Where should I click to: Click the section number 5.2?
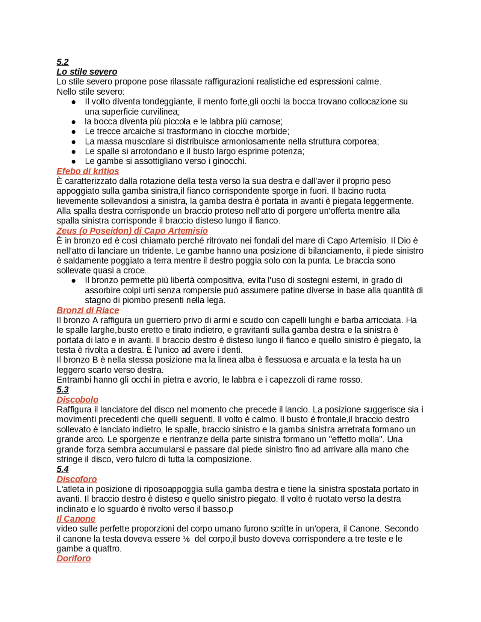coord(62,62)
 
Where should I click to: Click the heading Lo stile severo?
coord(87,72)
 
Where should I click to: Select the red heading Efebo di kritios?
coord(88,171)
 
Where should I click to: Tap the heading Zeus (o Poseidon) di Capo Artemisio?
coord(132,231)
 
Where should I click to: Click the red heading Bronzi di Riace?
coord(88,310)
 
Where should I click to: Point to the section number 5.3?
coord(62,390)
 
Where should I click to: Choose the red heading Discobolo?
coord(77,400)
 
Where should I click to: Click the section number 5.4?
coord(62,469)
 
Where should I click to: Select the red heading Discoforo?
coord(77,479)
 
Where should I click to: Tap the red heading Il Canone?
coord(76,519)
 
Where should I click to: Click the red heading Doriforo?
coord(74,559)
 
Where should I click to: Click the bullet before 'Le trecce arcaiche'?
coord(74,132)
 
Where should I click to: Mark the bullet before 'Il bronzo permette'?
coord(74,281)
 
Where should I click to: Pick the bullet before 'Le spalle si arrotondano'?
coord(74,152)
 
